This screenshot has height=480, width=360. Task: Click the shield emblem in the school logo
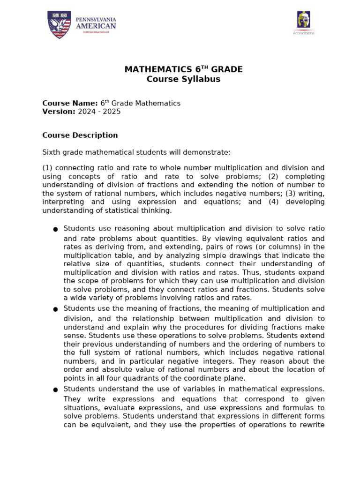tap(59, 25)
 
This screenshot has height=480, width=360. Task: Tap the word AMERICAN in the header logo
tap(96, 26)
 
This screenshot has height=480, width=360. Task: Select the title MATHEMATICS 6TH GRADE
tap(183, 69)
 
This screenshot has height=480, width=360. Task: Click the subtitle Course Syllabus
tap(183, 79)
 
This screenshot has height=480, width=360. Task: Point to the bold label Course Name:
tap(70, 103)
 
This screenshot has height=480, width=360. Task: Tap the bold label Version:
tap(59, 112)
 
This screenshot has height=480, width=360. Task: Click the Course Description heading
tap(80, 135)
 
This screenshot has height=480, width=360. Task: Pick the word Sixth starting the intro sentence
tap(52, 152)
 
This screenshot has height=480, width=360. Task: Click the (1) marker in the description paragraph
tap(47, 168)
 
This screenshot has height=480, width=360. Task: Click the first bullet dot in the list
tap(55, 229)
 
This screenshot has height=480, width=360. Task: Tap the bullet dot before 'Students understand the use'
tap(55, 390)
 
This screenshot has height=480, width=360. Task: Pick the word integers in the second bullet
tap(207, 361)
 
